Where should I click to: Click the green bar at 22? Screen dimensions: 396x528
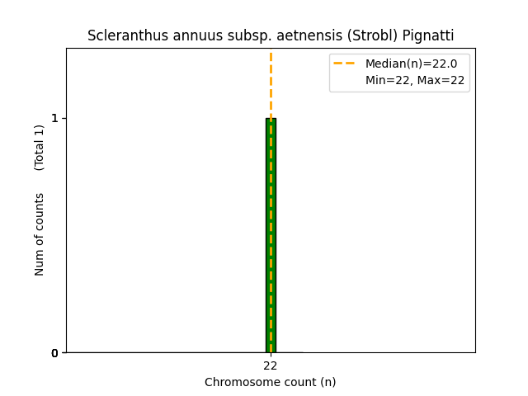click(271, 235)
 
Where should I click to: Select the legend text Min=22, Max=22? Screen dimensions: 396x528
click(415, 81)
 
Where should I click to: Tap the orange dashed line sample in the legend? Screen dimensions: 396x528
click(344, 64)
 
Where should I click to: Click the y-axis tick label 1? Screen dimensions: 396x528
click(54, 118)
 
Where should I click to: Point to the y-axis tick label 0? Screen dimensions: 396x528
click(54, 353)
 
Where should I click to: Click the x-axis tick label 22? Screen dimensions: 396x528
click(271, 365)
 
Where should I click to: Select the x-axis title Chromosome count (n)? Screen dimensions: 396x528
click(271, 382)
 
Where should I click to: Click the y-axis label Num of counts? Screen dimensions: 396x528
click(40, 234)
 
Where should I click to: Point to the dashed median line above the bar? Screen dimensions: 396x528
click(271, 82)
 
